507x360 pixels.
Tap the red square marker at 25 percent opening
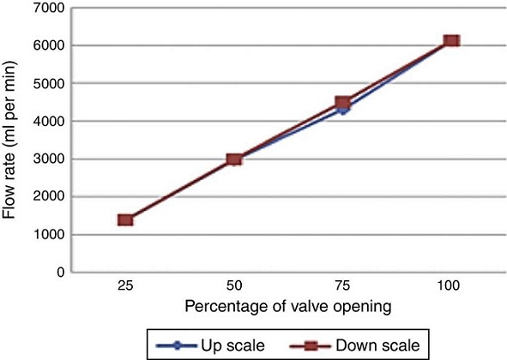125,220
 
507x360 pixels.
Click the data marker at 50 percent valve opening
234,159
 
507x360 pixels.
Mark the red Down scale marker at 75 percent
342,103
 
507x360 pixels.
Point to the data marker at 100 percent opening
451,41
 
